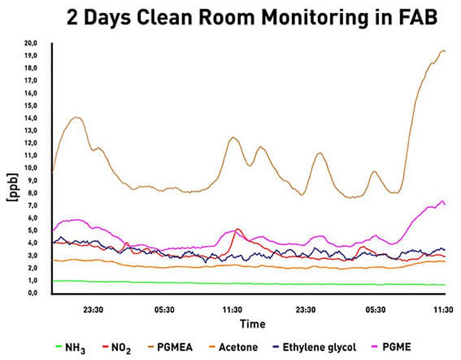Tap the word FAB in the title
415,18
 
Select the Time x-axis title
252,324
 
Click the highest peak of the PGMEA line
443,51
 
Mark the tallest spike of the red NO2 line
238,229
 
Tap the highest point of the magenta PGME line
442,201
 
